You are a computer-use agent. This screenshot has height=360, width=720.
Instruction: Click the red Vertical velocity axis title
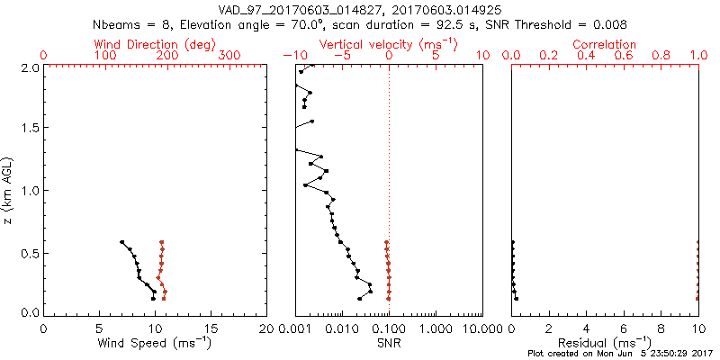[390, 44]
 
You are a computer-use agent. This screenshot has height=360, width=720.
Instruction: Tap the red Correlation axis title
[605, 44]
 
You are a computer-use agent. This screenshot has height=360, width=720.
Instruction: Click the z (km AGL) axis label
[8, 190]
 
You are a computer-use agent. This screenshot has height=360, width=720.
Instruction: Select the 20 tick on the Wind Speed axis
[266, 328]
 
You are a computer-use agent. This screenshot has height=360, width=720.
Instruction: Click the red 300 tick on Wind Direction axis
[230, 56]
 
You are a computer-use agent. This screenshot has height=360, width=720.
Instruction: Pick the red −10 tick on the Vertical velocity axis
[293, 56]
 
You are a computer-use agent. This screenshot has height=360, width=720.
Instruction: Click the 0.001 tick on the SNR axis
[295, 328]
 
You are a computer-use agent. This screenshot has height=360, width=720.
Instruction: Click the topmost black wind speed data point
[121, 242]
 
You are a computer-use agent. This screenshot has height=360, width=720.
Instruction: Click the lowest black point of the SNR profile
[359, 299]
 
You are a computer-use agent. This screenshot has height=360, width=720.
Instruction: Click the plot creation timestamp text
[621, 353]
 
